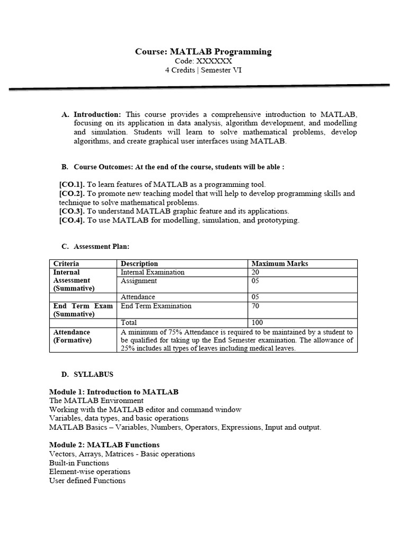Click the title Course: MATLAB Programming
(203, 52)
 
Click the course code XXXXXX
(203, 61)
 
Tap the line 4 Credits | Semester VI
(203, 70)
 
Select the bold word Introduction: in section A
(98, 114)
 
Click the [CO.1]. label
(72, 185)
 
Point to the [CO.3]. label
(72, 211)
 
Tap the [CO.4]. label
(72, 220)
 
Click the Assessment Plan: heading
(101, 246)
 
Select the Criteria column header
(66, 264)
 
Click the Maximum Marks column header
(279, 264)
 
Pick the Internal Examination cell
(153, 272)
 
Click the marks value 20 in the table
(255, 272)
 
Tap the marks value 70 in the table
(255, 306)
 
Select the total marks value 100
(257, 322)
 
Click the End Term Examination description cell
(156, 306)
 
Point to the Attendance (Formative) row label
(72, 336)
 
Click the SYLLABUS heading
(93, 374)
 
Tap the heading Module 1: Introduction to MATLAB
(114, 392)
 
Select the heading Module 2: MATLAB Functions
(104, 445)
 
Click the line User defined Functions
(87, 481)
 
